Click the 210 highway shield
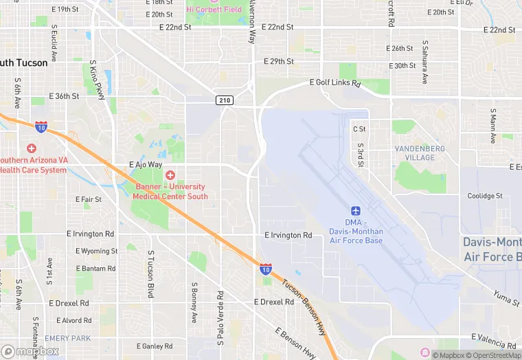pos(225,100)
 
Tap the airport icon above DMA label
pos(356,211)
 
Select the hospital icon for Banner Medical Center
pos(170,175)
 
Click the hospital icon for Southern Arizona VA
pos(31,148)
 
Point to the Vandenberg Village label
pos(420,153)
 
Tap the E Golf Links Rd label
pos(335,82)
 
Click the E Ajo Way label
pos(146,165)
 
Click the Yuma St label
pos(507,296)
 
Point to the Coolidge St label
pos(485,196)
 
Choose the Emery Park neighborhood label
pos(68,338)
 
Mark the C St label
pos(359,128)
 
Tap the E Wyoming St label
pos(97,251)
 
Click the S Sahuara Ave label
pos(424,62)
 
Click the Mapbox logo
pos(30,351)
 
